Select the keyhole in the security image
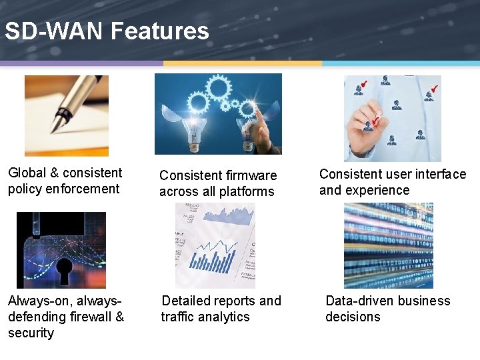click(65, 269)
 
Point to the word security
click(31, 333)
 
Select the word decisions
click(353, 317)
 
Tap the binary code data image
click(389, 245)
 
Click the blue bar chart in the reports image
click(213, 257)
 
